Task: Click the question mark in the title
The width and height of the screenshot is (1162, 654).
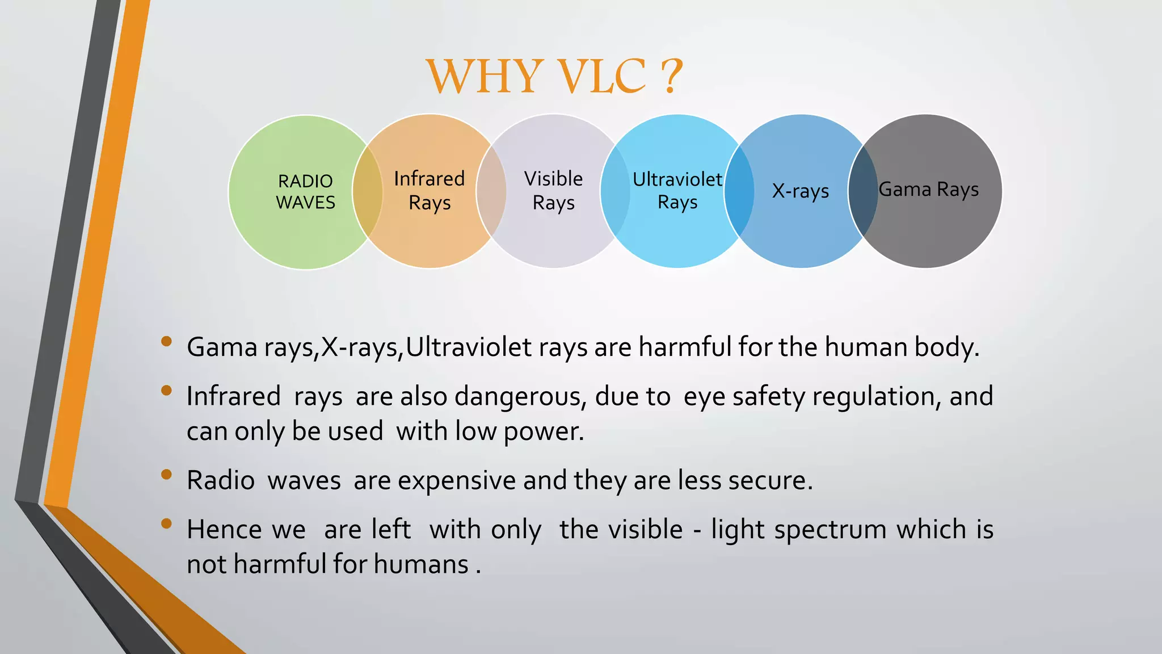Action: (x=671, y=76)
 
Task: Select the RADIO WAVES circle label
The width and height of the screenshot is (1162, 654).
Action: (x=305, y=192)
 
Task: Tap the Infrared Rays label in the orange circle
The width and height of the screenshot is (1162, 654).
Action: (x=430, y=191)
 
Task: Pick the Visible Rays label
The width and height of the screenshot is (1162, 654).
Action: (x=553, y=191)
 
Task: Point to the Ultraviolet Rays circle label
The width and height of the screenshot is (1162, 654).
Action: (x=677, y=191)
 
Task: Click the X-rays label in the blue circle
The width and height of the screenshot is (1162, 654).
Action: (x=801, y=191)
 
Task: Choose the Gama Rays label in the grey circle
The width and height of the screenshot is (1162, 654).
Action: (x=929, y=190)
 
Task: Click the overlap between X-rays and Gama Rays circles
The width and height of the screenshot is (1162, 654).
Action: (x=863, y=191)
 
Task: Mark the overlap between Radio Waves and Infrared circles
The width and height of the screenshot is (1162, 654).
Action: (x=368, y=191)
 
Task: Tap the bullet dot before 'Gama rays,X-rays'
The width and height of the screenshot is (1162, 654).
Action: (x=166, y=341)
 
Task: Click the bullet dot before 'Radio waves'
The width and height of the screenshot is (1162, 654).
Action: (x=166, y=475)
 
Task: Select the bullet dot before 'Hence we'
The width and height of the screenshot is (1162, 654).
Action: (x=166, y=523)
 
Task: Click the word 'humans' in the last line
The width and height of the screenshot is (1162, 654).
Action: (x=421, y=564)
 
